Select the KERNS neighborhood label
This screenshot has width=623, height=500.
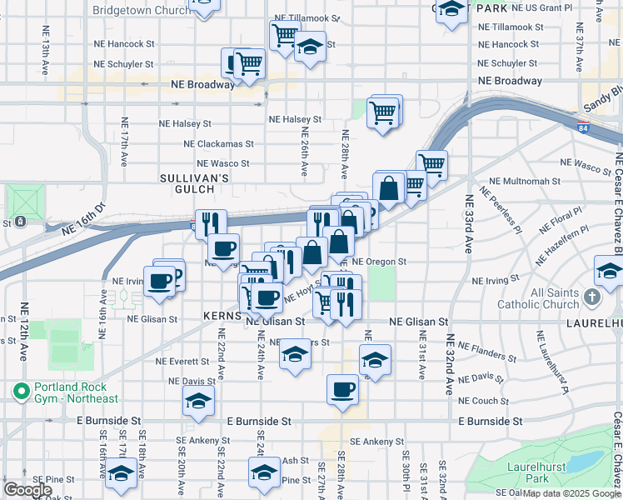point(222,317)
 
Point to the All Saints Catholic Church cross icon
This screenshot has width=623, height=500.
point(591,297)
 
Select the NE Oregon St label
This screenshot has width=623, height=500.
point(379,261)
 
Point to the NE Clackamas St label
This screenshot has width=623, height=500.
point(218,143)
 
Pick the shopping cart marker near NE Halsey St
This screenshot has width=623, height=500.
point(382,112)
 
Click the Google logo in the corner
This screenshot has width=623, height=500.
point(27,490)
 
